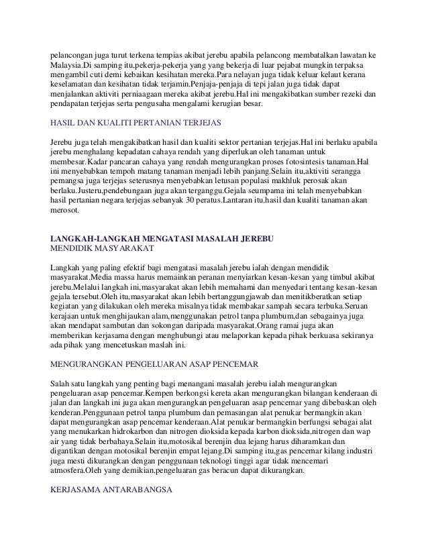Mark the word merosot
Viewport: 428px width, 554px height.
65,211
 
